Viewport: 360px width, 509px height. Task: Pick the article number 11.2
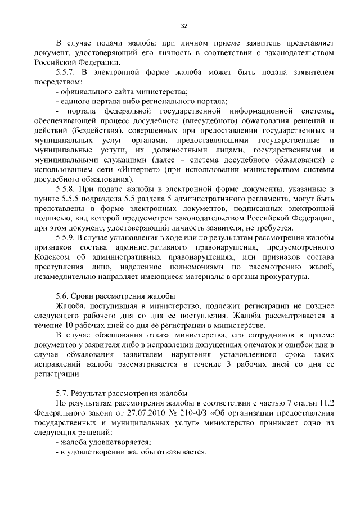coord(327,404)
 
